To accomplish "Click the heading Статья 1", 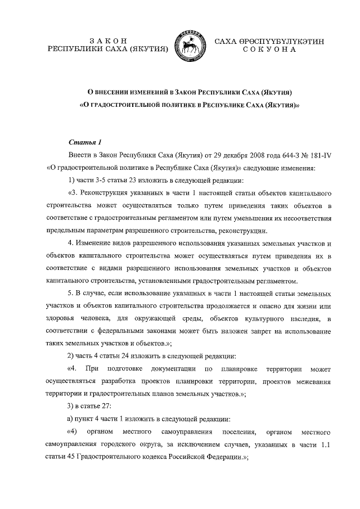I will point(84,142).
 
